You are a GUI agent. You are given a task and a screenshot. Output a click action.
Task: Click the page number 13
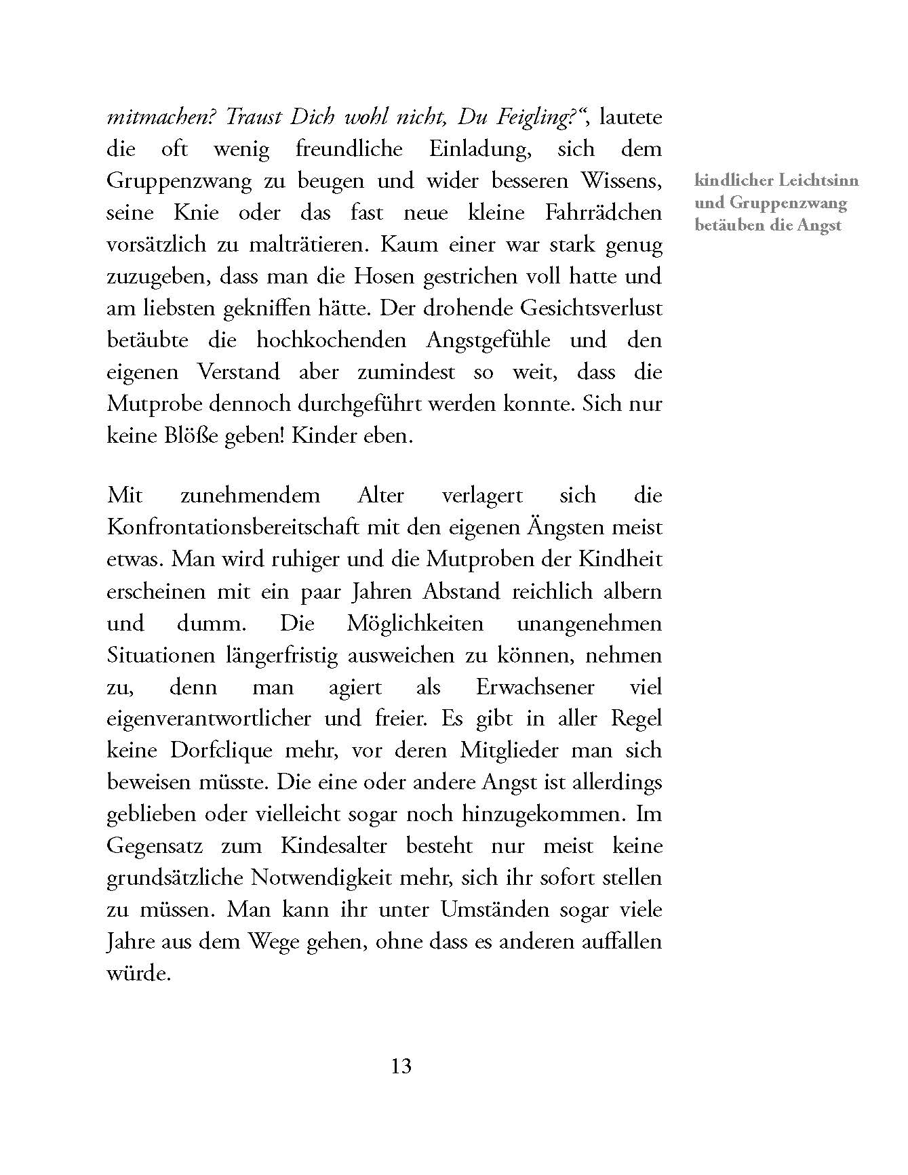(401, 1067)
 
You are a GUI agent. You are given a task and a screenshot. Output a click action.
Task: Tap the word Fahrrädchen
(603, 213)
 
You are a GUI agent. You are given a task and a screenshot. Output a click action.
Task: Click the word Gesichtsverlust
(591, 308)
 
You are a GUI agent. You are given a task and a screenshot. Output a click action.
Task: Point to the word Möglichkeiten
(415, 623)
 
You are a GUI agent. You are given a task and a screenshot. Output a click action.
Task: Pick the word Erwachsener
(535, 687)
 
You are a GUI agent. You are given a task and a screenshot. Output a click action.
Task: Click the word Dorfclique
(221, 751)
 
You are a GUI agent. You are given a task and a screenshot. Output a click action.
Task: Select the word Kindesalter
(334, 846)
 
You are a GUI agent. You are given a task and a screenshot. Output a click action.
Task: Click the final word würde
(138, 974)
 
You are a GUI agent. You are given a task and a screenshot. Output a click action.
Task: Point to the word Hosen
(385, 277)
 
